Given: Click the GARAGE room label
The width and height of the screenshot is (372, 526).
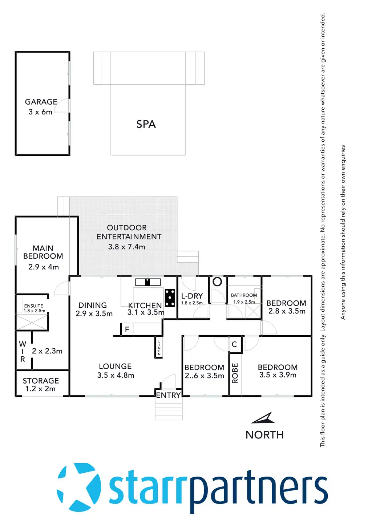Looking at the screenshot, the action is coord(41,102).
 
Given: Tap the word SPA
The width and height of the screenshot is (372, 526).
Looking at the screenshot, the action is coord(146,124).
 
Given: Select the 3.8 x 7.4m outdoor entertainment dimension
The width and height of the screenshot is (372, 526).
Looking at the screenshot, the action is coord(126,247).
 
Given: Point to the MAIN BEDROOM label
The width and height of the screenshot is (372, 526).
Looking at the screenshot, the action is coord(43,252).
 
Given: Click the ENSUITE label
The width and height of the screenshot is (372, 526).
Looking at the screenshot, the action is coord(33,306).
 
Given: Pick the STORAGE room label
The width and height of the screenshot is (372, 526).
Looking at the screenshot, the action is coord(41,381).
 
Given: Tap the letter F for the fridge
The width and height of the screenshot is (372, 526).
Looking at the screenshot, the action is coord(127,329).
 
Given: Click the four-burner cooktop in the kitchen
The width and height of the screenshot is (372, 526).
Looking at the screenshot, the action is coord(170,298).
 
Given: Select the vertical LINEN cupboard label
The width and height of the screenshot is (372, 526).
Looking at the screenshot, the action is coord(159,348).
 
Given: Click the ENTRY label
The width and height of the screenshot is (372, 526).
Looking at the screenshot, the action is coord(168,395).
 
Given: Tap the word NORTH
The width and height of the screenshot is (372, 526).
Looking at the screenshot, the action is coord(264,435).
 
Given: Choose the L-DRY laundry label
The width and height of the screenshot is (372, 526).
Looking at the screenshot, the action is coord(192,296).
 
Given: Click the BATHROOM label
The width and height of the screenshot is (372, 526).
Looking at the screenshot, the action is coord(244,295).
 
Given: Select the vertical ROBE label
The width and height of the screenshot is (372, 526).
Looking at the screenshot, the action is coord(235,373).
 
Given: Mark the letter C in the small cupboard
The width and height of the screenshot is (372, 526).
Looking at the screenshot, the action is coord(234,344).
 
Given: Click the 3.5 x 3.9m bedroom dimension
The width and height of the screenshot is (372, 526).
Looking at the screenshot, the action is coord(278,375).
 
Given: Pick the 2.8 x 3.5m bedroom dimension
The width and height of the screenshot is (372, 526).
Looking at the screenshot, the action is coord(287,311).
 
